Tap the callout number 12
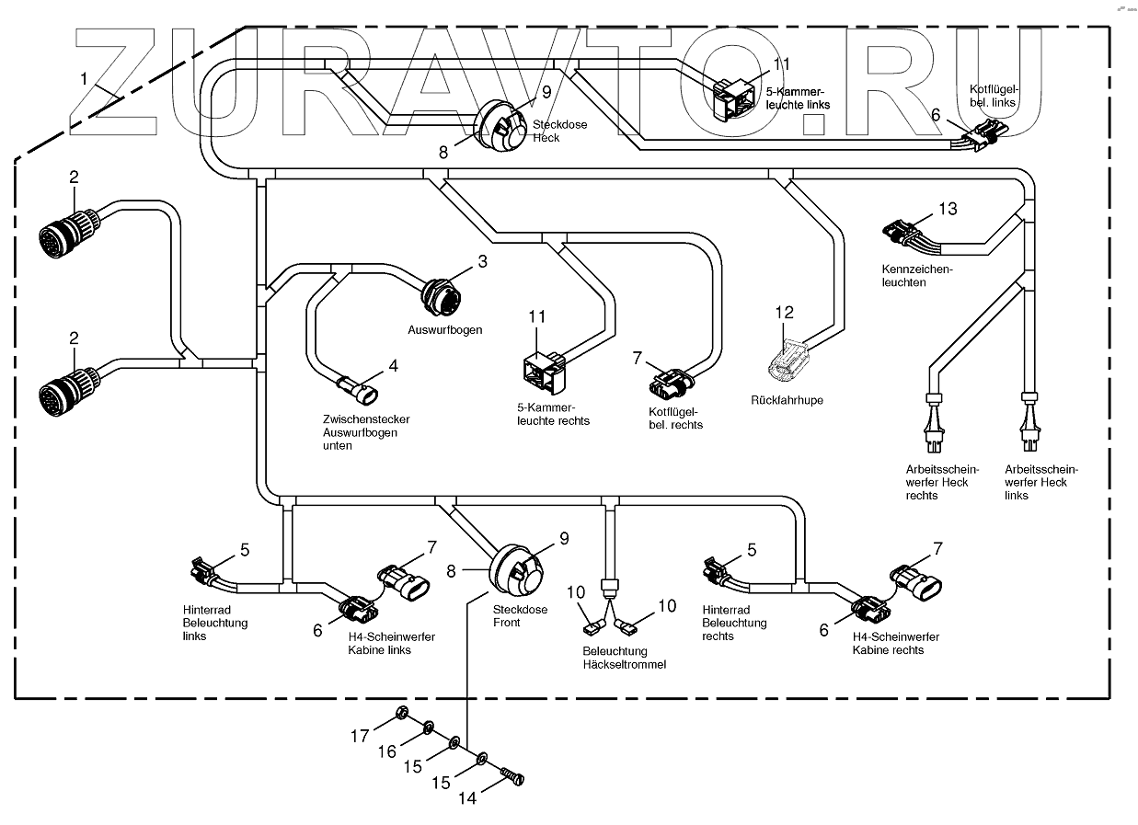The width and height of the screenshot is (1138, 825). (x=784, y=313)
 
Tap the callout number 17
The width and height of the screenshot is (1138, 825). (x=359, y=736)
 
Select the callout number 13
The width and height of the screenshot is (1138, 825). (x=948, y=209)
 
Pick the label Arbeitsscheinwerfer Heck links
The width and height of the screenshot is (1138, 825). (x=1041, y=482)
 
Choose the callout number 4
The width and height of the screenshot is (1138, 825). (x=393, y=365)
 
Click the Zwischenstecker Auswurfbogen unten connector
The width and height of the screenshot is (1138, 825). (x=358, y=391)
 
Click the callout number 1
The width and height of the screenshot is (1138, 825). (x=84, y=80)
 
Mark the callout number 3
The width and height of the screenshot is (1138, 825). (x=482, y=262)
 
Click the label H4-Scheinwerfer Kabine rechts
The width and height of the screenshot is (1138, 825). (x=895, y=643)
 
